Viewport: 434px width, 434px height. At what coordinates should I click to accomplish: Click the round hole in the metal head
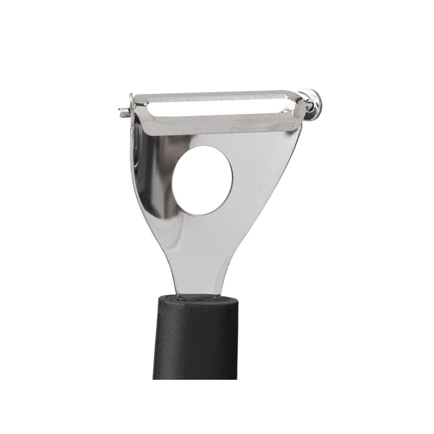(x=202, y=178)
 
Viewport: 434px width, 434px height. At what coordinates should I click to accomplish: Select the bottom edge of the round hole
(x=202, y=213)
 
